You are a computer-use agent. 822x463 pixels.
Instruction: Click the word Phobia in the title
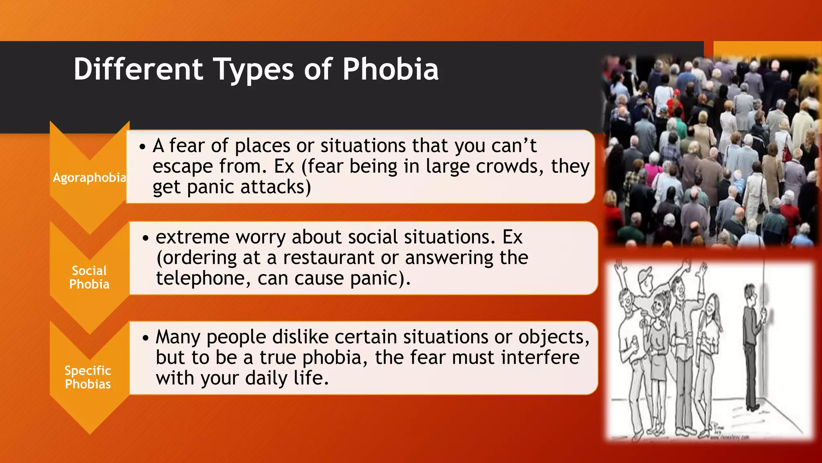(x=390, y=69)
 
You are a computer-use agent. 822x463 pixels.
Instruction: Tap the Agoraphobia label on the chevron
(x=90, y=177)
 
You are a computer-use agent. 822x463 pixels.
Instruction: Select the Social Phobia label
(x=89, y=277)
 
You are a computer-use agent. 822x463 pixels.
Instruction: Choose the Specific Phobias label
(x=88, y=377)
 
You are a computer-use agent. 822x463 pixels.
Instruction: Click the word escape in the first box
(x=182, y=166)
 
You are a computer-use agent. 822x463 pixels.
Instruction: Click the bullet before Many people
(x=145, y=338)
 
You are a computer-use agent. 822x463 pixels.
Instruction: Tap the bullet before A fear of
(x=142, y=146)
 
